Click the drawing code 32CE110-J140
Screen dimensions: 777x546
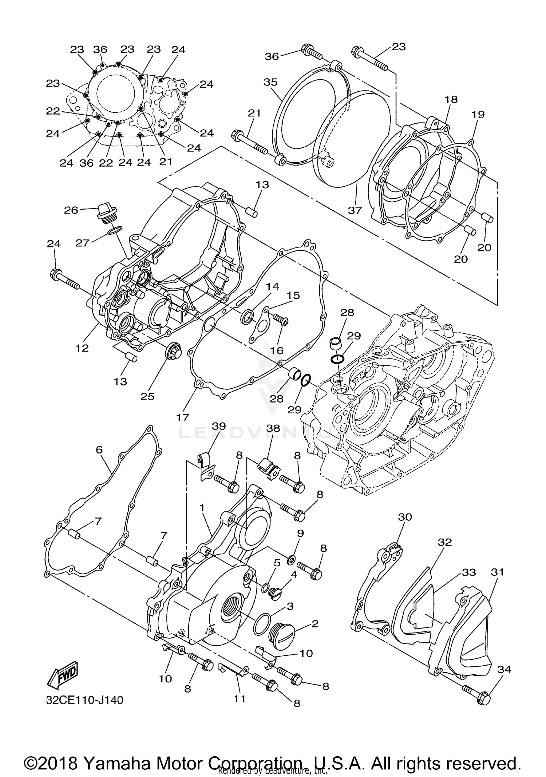click(84, 700)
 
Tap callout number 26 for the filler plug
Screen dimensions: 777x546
click(71, 210)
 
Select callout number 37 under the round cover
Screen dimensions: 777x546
click(355, 210)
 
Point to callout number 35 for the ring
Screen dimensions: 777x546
click(270, 82)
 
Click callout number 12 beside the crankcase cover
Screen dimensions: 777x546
click(82, 348)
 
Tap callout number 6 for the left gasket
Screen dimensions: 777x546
click(99, 450)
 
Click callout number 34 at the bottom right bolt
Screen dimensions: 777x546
click(504, 669)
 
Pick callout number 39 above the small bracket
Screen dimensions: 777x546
click(218, 426)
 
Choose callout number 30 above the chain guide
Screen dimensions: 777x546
click(405, 517)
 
